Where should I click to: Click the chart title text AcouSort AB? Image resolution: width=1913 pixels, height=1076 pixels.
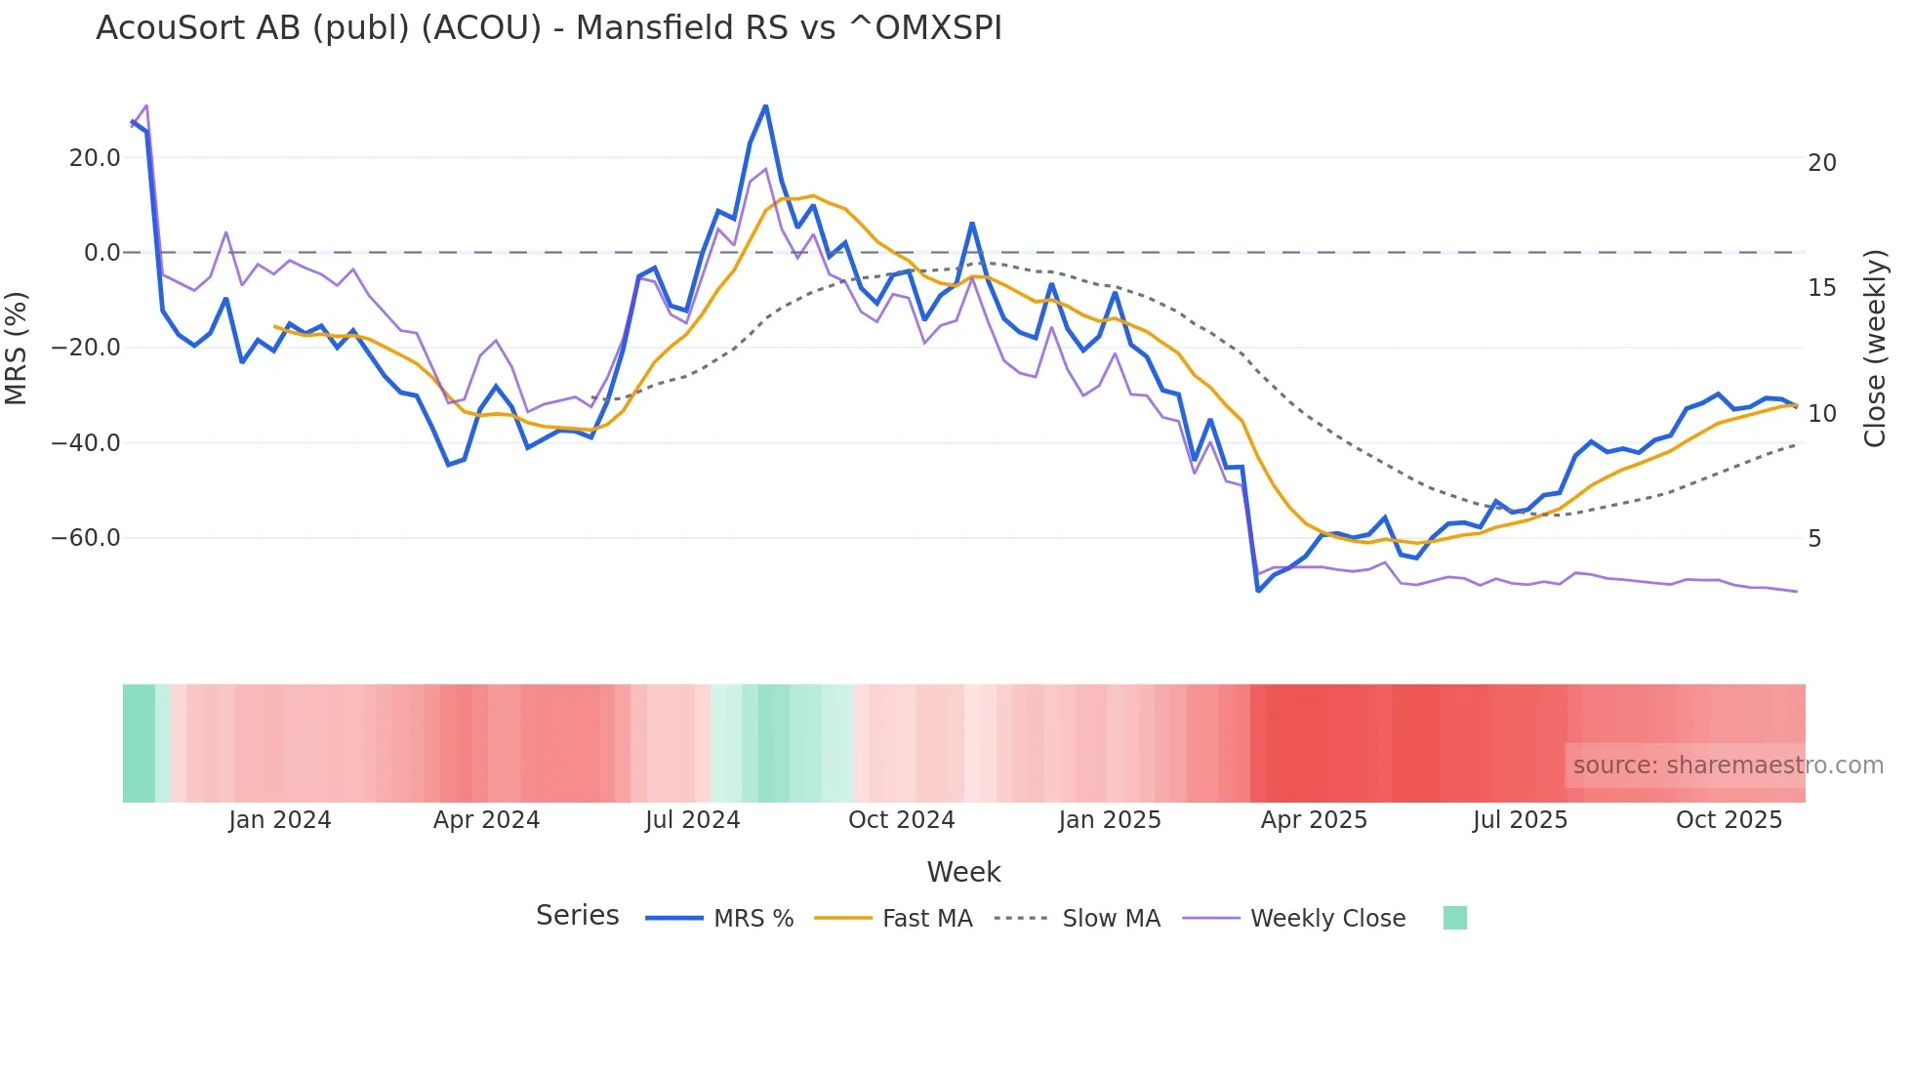point(549,28)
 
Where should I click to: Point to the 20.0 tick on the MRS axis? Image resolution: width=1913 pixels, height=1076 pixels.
point(95,158)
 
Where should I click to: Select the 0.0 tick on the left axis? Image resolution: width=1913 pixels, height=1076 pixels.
point(102,253)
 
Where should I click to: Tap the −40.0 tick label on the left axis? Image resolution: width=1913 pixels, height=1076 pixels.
point(86,443)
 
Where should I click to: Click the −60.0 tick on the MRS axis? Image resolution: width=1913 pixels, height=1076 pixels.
point(86,538)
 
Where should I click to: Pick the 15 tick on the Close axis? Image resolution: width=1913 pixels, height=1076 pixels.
point(1822,288)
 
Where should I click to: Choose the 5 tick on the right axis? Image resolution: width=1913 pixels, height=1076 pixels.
point(1814,539)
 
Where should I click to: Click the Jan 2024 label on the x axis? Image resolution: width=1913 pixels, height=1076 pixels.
point(280,820)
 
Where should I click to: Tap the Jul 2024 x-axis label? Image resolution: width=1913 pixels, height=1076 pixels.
point(693,820)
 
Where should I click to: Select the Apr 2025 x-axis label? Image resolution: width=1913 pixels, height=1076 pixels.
point(1314,820)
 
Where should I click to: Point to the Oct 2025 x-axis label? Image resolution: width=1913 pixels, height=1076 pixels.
point(1729,820)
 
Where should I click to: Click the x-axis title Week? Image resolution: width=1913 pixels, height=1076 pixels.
point(963,872)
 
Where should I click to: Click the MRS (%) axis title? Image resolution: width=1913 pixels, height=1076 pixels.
point(17,348)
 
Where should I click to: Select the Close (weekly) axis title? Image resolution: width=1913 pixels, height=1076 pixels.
point(1875,348)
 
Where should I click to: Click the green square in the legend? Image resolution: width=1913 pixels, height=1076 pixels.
point(1454,918)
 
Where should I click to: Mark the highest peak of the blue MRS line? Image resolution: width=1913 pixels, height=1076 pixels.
point(766,105)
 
